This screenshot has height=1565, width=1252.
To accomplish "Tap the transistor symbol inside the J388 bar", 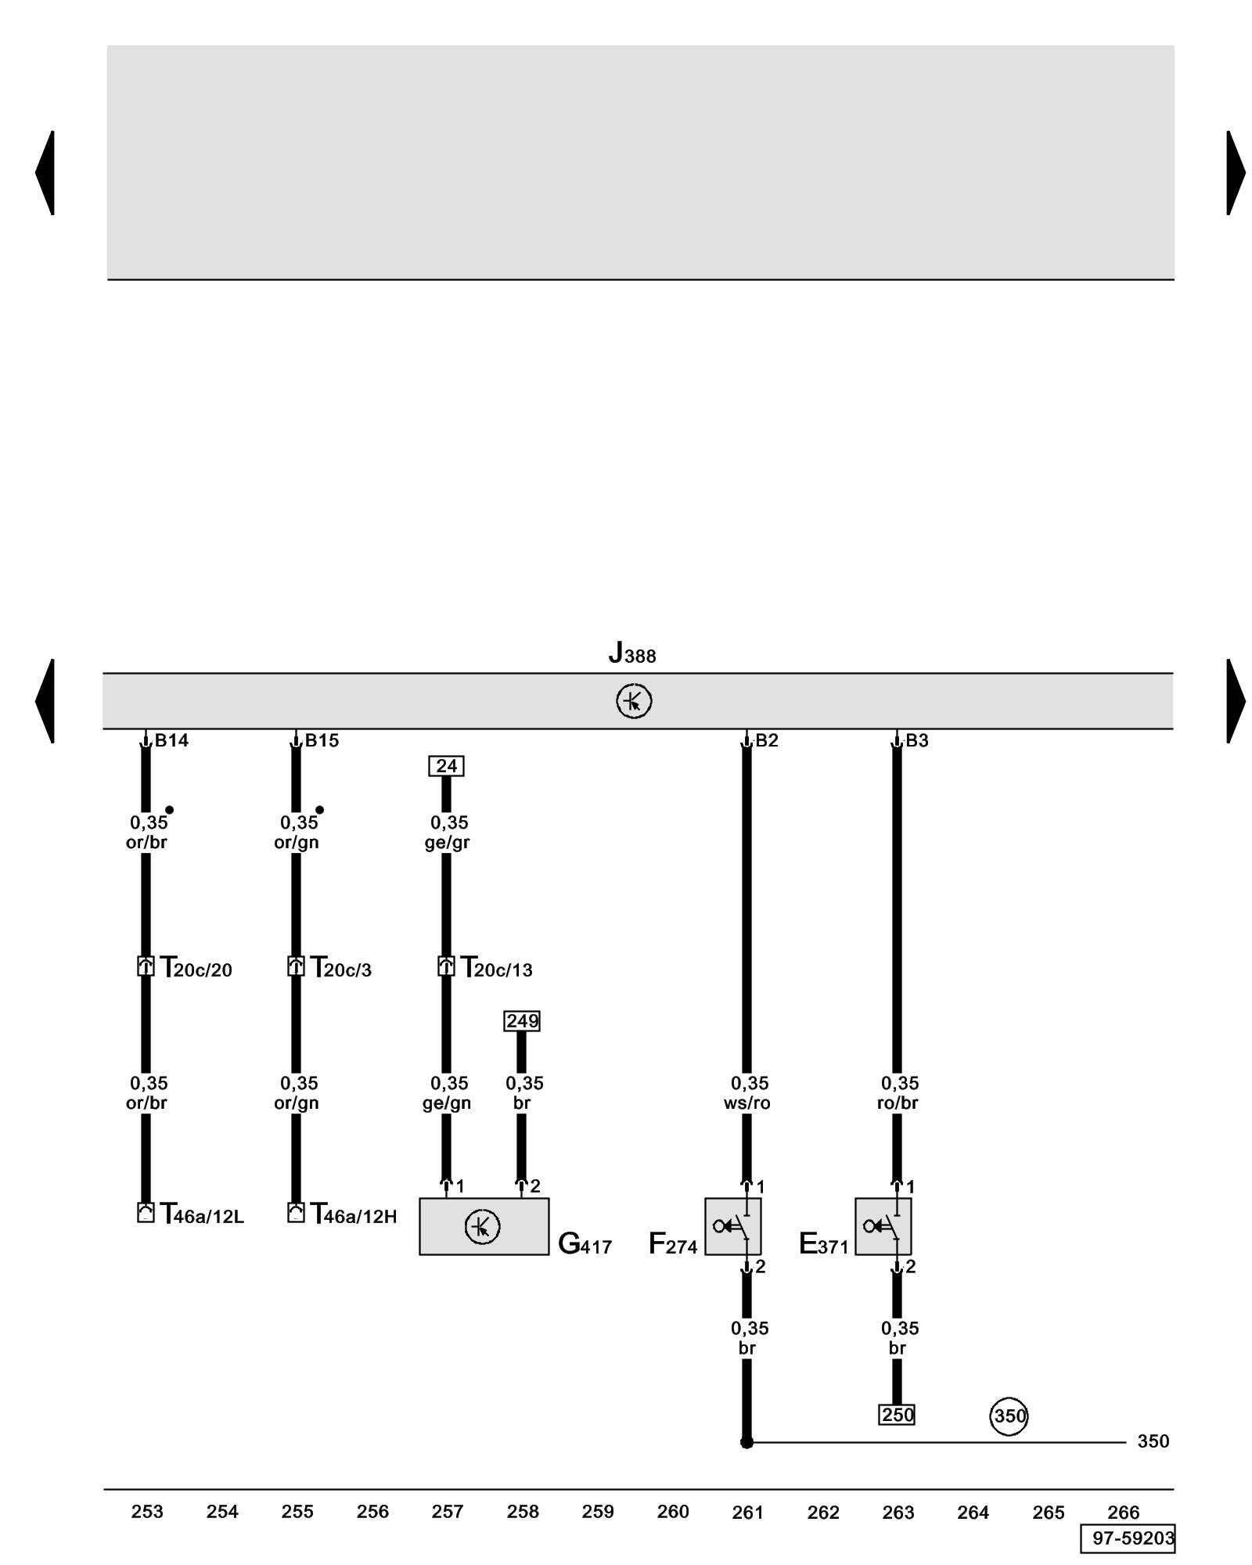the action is coord(634,701).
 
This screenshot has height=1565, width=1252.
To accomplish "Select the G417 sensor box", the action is coord(484,1226).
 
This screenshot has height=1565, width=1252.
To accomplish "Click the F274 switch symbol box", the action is coord(732,1226).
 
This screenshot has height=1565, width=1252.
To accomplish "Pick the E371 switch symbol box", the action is coord(883,1226).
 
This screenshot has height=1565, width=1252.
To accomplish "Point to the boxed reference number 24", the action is coord(446,766).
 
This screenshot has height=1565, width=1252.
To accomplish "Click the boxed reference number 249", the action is coord(522,1021).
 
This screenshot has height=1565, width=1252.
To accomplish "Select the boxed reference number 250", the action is coord(897,1415).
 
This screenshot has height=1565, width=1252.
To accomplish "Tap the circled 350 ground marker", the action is coord(1009,1416).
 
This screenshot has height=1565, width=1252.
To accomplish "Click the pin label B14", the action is coord(171,740).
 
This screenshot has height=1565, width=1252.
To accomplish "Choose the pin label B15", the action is coord(322,740).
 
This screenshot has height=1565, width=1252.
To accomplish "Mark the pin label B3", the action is coord(917,740).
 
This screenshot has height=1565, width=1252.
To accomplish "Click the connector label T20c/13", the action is coord(496,969).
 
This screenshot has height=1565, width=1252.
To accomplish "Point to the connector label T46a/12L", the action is coord(202,1214).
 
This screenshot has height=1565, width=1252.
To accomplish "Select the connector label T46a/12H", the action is coord(354,1214).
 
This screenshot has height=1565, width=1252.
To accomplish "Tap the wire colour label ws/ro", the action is coord(747,1103).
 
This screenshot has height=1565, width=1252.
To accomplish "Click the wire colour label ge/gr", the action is coord(447,843).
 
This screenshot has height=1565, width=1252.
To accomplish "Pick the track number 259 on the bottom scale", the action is coord(598,1512).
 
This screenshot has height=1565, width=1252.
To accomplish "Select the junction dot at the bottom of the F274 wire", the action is coord(747,1442).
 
